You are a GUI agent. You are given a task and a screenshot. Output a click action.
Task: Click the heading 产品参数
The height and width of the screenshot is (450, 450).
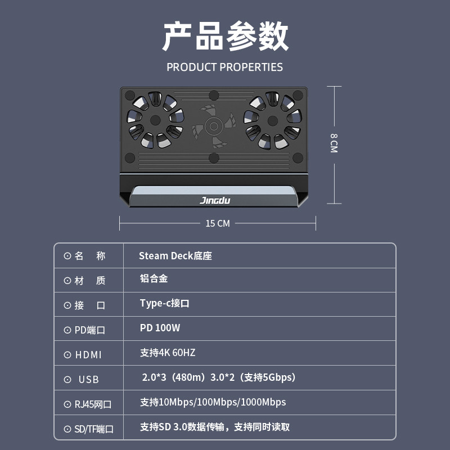(x=225, y=37)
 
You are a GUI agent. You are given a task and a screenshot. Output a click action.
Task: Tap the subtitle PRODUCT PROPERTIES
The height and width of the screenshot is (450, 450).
(x=224, y=67)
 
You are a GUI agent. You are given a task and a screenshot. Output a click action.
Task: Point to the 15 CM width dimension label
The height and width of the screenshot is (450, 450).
(x=218, y=223)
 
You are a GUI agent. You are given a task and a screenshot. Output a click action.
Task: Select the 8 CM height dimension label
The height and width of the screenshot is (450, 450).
(x=334, y=143)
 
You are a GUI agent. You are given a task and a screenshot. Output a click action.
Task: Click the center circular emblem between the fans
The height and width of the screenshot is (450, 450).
(x=214, y=125)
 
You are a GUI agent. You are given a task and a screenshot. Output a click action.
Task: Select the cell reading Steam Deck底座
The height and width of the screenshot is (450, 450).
(x=175, y=256)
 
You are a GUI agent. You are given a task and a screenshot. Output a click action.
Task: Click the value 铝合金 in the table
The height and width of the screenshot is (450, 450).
(x=154, y=278)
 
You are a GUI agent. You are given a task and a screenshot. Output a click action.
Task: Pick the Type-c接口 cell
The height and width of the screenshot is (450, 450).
(x=164, y=303)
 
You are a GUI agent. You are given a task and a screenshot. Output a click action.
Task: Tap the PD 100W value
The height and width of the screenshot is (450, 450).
(x=160, y=328)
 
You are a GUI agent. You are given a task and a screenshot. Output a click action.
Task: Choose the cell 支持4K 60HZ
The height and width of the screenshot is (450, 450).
(x=168, y=353)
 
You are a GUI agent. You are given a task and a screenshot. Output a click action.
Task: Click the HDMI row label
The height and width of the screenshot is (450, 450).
(x=88, y=355)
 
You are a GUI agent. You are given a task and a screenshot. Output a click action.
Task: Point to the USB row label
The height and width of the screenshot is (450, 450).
(x=88, y=380)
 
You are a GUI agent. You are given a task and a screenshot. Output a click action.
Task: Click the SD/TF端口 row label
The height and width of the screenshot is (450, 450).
(x=94, y=429)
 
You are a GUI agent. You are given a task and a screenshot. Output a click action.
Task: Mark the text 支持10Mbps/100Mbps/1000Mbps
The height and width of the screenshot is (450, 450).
(x=213, y=402)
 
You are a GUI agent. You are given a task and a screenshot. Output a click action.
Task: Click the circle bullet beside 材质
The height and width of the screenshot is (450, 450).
(x=67, y=281)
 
